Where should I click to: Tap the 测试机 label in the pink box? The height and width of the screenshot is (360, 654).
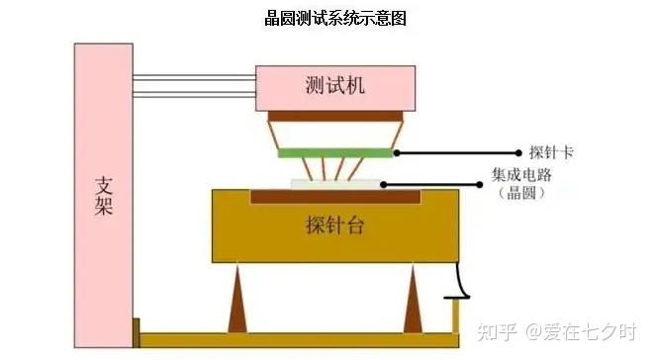pos(335,86)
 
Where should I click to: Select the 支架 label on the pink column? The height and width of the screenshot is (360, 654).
pos(104,197)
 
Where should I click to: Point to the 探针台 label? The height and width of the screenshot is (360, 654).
pos(335,225)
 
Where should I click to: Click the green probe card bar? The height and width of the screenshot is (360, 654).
pos(334,152)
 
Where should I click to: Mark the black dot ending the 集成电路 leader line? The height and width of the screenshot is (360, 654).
pos(483,183)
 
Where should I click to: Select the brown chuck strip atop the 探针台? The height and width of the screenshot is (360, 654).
pos(334,197)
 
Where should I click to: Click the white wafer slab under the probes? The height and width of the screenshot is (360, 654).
pos(334,184)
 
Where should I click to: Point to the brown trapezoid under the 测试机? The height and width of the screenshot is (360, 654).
pos(334,129)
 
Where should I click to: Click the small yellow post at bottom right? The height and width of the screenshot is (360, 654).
pos(456,315)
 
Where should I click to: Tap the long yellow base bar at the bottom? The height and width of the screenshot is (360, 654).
pos(297,340)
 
